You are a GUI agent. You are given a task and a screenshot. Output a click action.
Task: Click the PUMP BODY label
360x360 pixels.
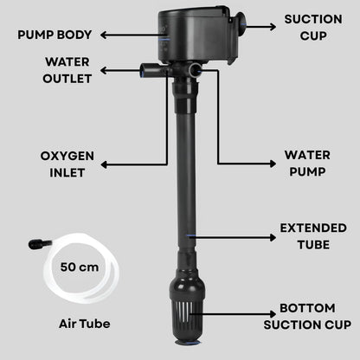coord(55,35)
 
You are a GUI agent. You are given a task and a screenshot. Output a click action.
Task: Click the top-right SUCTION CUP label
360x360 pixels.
coord(313,26)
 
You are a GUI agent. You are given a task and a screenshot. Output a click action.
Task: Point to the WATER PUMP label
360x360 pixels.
coord(306,163)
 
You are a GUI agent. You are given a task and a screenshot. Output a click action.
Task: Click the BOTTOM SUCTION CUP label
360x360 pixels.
coord(313,316)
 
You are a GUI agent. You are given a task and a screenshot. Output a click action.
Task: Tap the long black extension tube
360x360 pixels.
coord(186,173)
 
